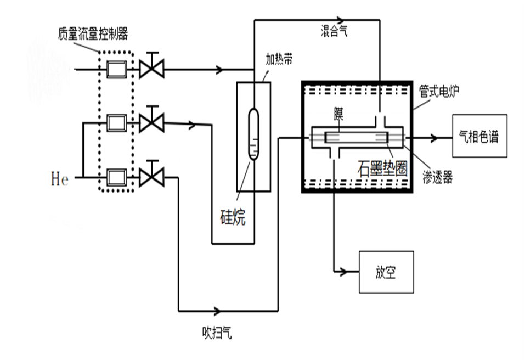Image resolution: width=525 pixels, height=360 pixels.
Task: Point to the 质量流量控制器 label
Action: coord(93,35)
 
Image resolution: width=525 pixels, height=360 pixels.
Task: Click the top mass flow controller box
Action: coord(116,70)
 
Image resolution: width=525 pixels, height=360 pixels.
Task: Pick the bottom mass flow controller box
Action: coord(116,177)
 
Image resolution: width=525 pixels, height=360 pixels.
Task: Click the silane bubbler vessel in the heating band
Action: coord(253,134)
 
